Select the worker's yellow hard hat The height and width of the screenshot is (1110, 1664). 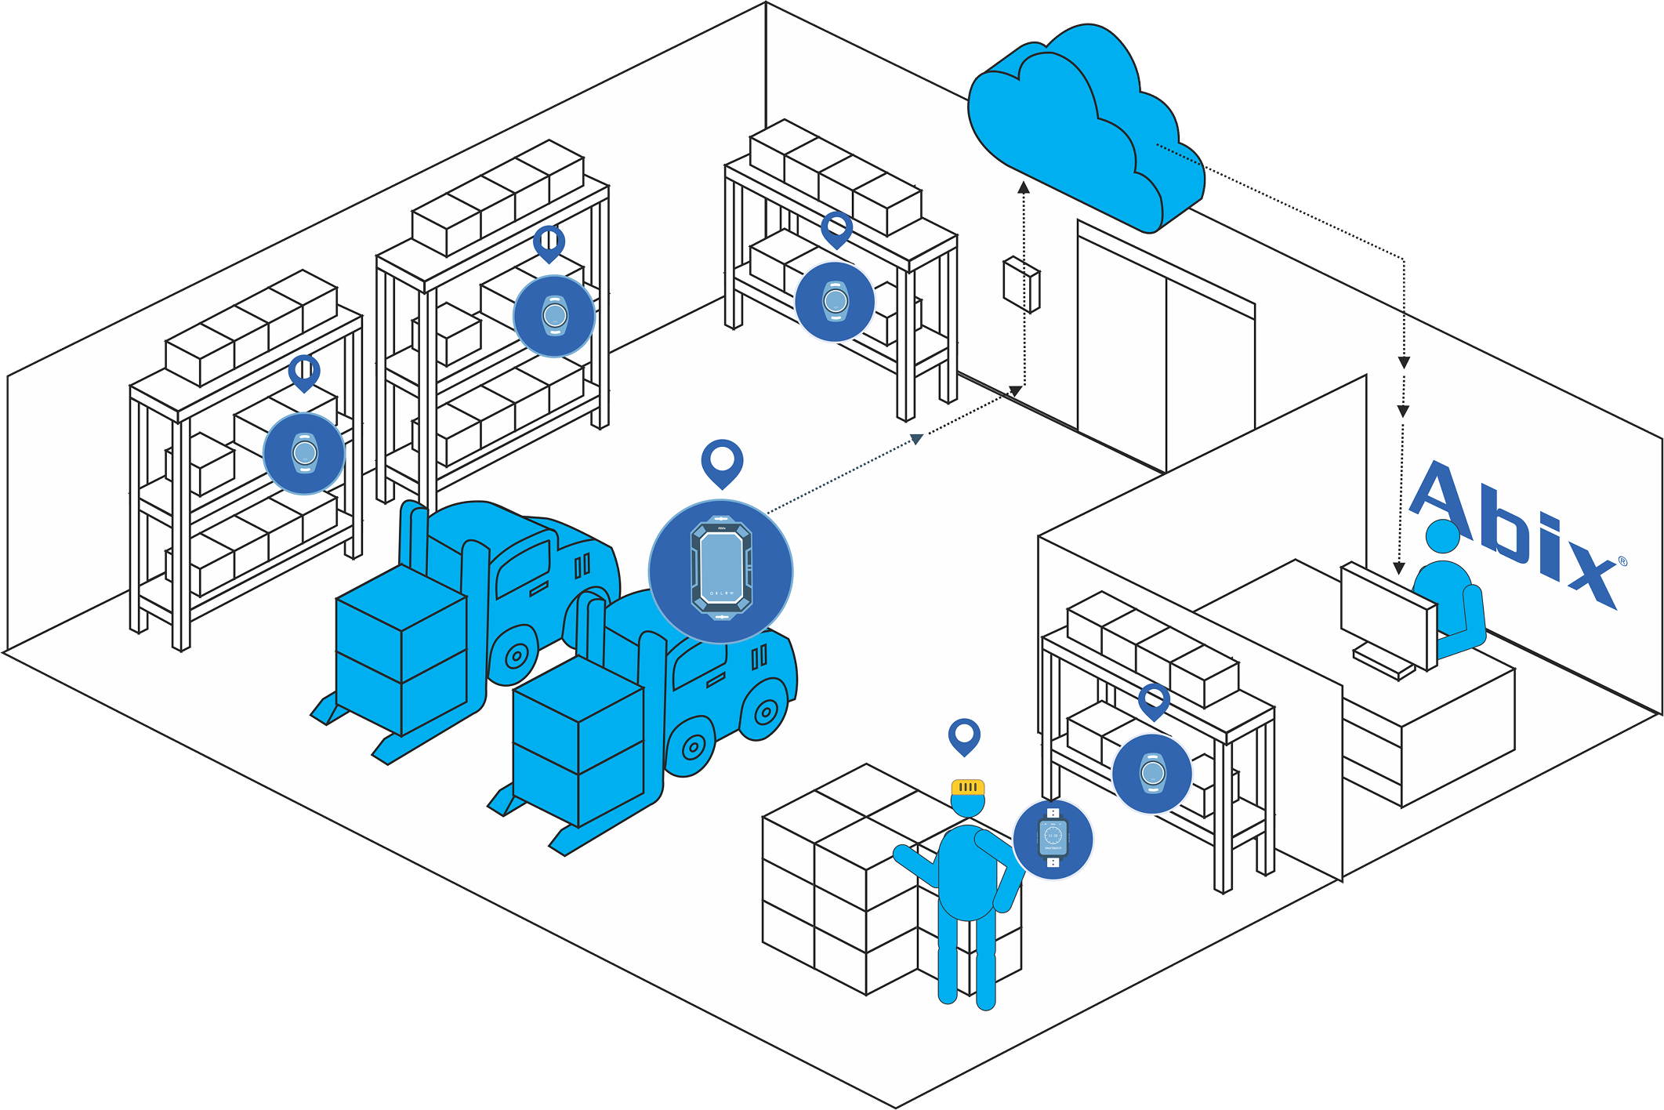pyautogui.click(x=968, y=787)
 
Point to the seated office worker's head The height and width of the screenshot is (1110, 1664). pyautogui.click(x=1443, y=537)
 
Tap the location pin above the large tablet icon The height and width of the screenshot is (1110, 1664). pyautogui.click(x=722, y=462)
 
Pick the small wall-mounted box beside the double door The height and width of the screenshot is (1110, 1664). pyautogui.click(x=1021, y=284)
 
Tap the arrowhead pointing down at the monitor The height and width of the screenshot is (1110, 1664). pyautogui.click(x=1399, y=568)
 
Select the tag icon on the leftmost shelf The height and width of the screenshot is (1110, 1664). pyautogui.click(x=304, y=453)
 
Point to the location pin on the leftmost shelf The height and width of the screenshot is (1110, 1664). pyautogui.click(x=304, y=372)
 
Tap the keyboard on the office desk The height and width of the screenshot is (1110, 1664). pyautogui.click(x=1383, y=662)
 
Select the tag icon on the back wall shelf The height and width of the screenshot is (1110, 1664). pyautogui.click(x=835, y=302)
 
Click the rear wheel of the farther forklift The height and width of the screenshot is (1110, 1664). pyautogui.click(x=517, y=655)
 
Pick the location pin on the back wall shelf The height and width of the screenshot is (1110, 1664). pyautogui.click(x=836, y=230)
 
